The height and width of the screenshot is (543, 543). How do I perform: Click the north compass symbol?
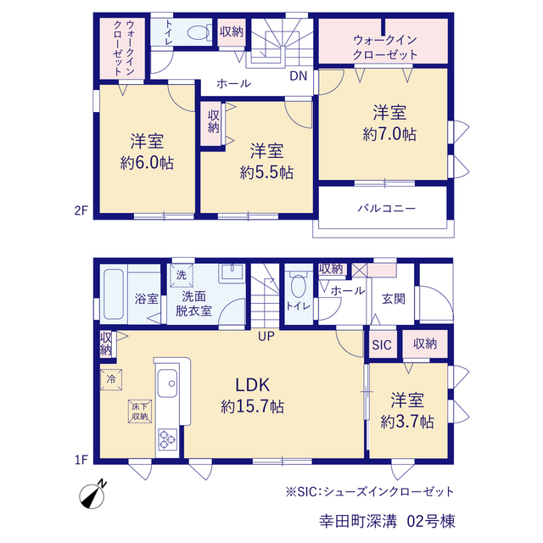point(92,495)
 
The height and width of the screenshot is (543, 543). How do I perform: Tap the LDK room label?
point(253,384)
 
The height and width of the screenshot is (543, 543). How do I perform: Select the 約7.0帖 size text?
point(389,134)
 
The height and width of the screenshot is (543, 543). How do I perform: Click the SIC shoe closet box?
point(383,344)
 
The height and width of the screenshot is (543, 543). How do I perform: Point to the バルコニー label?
point(386,209)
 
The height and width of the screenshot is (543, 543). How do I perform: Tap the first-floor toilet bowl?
point(298,286)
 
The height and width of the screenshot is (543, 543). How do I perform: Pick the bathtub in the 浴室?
point(114,294)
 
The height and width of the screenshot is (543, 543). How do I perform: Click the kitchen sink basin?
point(168,383)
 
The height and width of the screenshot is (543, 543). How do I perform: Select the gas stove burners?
point(168,439)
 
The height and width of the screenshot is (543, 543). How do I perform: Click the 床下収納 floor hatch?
point(140,411)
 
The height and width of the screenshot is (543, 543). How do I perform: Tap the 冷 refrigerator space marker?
point(111,379)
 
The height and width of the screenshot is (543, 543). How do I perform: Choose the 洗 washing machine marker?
point(182,276)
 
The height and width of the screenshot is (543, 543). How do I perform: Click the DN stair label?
point(298,76)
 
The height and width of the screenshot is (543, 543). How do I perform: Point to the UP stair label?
point(266,336)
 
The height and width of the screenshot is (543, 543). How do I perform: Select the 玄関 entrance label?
point(393,299)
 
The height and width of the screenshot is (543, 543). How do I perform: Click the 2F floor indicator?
point(81,210)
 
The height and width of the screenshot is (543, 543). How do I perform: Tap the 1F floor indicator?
point(81,460)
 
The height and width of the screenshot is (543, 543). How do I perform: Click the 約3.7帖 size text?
point(407,423)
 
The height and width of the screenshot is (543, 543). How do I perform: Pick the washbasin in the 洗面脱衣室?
point(232,273)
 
